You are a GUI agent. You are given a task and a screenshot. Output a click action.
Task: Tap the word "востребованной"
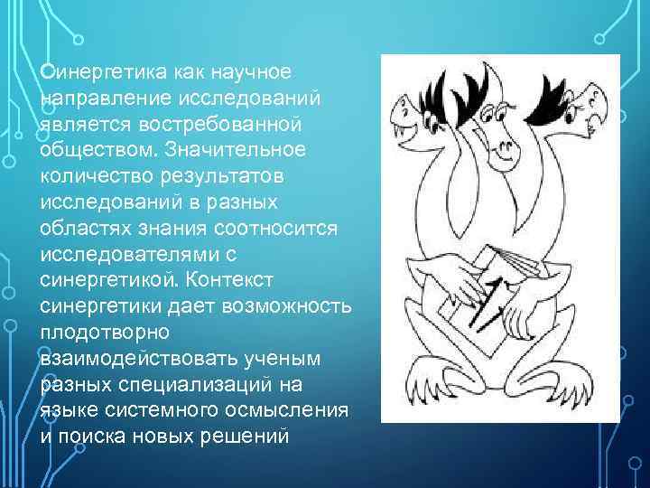coord(202,121)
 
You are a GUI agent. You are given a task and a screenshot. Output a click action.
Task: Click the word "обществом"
coord(95,146)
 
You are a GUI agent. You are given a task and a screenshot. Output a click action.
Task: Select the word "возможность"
coord(293,298)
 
